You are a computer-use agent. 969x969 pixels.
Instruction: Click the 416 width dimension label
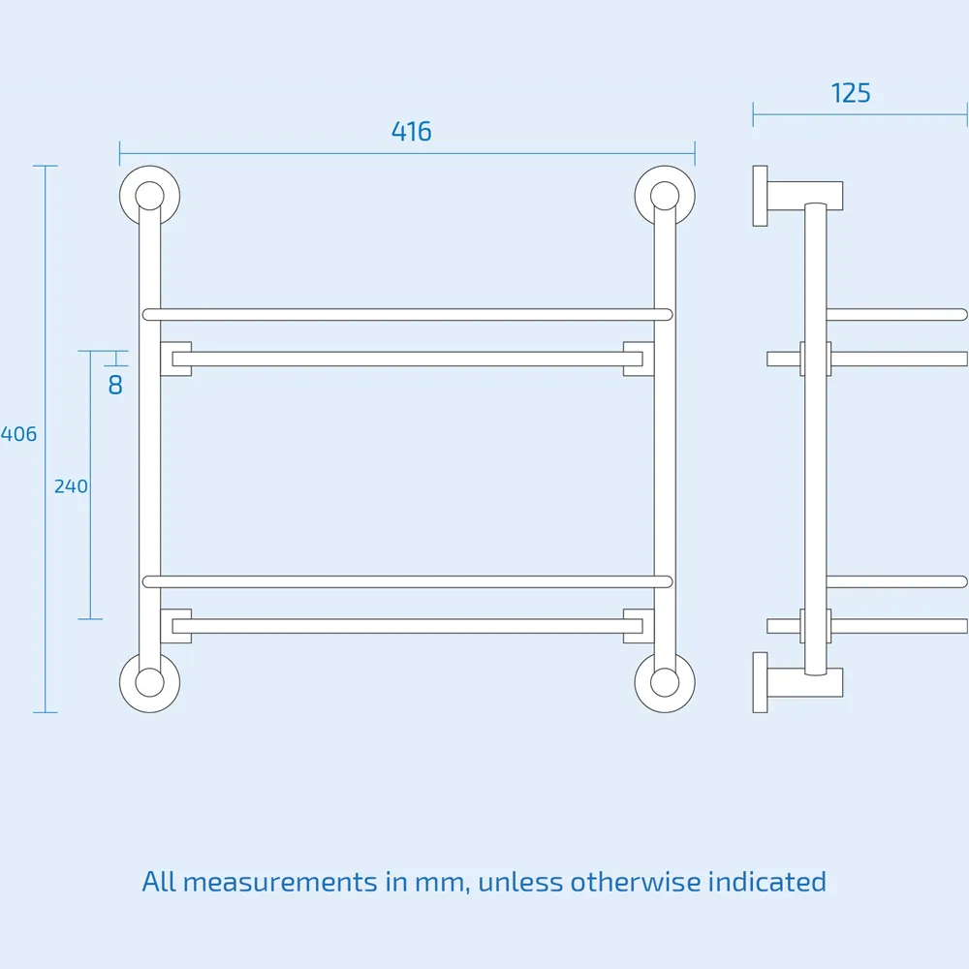(x=411, y=132)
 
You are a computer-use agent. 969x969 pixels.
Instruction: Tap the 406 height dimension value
(x=18, y=434)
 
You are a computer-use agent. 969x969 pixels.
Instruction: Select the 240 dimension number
(x=71, y=486)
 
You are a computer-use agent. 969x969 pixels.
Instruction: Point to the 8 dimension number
(x=115, y=385)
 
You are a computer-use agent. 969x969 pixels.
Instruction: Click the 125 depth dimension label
(x=851, y=93)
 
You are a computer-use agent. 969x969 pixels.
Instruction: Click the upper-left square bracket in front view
(x=175, y=359)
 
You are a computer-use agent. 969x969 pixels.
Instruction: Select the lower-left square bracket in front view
(x=175, y=626)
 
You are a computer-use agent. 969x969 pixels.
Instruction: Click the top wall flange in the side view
(x=760, y=196)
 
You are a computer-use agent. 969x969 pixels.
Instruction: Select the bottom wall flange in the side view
(x=760, y=682)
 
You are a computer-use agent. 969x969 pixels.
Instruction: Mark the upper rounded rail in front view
(x=407, y=314)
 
